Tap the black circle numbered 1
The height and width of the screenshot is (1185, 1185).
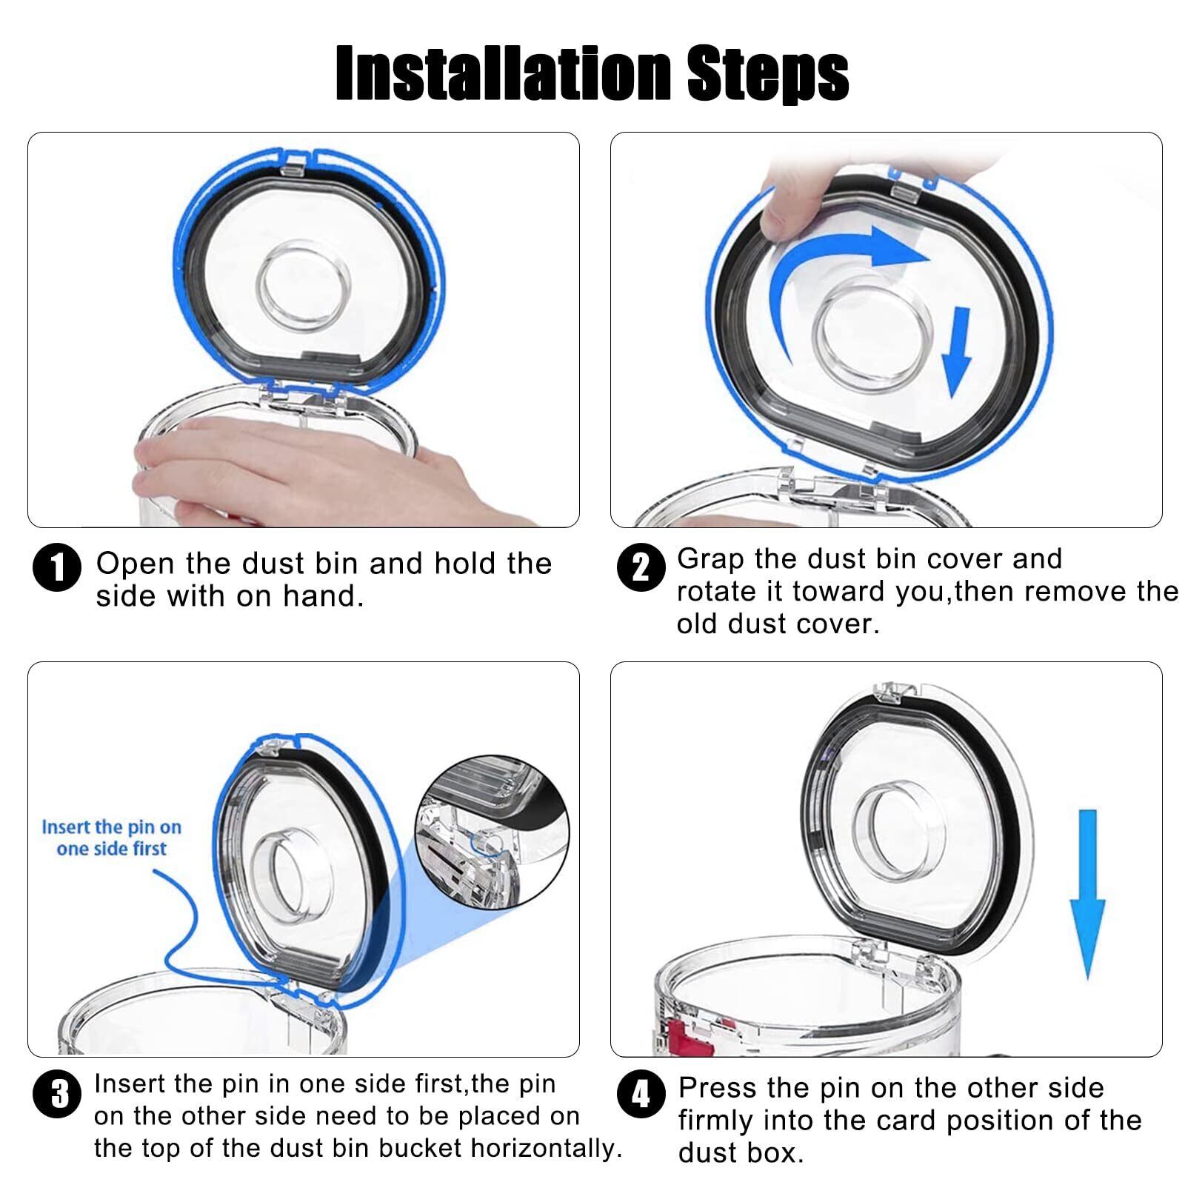click(56, 568)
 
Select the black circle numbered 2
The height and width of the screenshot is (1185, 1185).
click(639, 568)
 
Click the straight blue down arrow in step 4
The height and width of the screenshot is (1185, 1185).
click(1087, 894)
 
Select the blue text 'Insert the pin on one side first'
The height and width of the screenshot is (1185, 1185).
click(111, 838)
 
